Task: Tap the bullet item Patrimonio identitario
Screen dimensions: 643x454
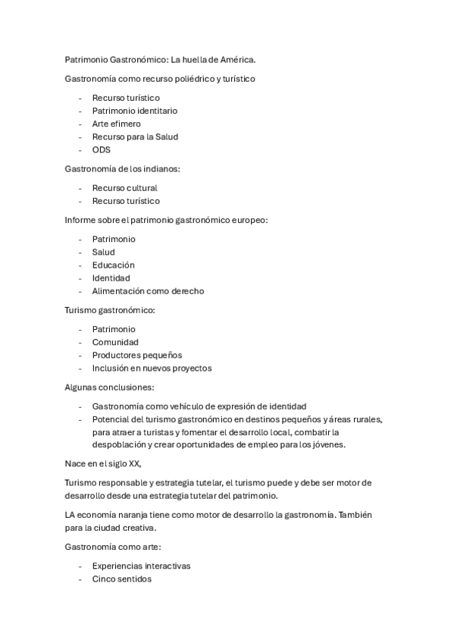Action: click(x=135, y=111)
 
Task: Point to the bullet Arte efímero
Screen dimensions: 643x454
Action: click(x=116, y=124)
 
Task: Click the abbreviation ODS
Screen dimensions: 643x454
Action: click(x=102, y=150)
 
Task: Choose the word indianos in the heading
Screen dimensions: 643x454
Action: click(x=158, y=169)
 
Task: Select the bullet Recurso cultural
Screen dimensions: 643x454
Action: click(x=125, y=188)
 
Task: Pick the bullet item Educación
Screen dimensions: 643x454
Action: click(x=114, y=265)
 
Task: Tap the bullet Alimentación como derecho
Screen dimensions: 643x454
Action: click(x=148, y=291)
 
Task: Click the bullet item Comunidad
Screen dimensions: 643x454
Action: click(x=115, y=343)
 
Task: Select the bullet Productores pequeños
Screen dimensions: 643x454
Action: click(x=137, y=356)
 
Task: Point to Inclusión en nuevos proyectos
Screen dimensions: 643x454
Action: click(x=152, y=369)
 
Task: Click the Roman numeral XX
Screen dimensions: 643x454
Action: click(x=132, y=464)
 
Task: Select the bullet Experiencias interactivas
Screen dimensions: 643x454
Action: click(x=141, y=566)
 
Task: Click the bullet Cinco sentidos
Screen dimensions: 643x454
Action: click(x=121, y=579)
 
